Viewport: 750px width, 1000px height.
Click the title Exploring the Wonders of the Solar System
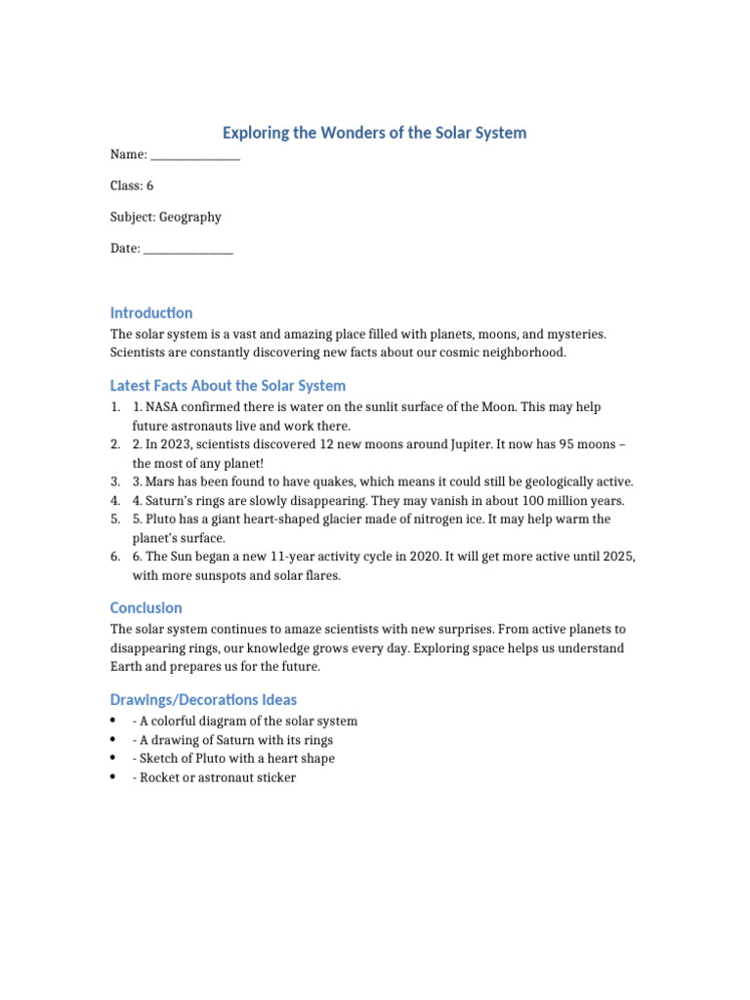(375, 133)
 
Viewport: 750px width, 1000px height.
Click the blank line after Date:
(188, 250)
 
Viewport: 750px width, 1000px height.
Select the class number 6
(149, 186)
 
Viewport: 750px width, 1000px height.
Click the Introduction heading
(151, 313)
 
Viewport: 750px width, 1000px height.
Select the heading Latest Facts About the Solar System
(228, 386)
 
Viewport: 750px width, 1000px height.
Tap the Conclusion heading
(146, 608)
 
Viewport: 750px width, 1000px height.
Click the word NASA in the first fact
(163, 407)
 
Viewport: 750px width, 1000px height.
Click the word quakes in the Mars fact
(303, 481)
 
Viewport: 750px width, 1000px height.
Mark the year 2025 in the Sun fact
(617, 556)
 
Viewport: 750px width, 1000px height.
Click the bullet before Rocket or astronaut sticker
(114, 777)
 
